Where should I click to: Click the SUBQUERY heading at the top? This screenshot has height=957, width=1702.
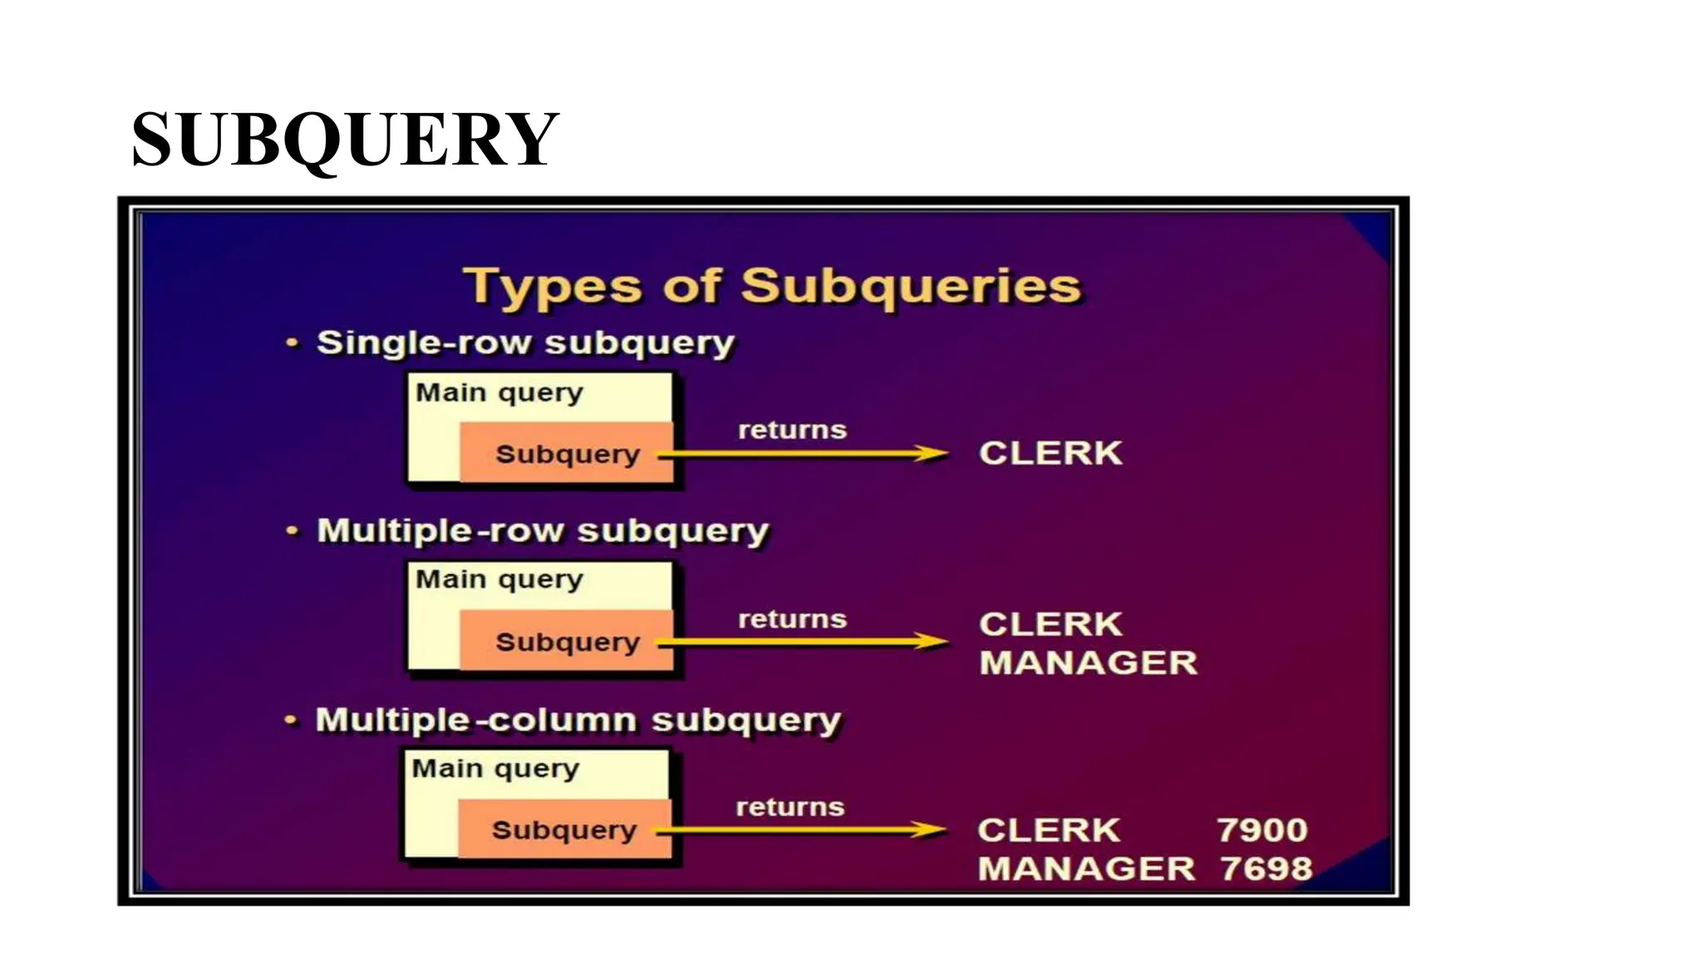click(x=345, y=140)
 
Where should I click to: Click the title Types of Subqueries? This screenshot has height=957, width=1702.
click(x=772, y=286)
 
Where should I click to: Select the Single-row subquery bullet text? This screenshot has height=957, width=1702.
click(x=525, y=343)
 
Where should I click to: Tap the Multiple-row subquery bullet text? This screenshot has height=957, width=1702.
click(x=543, y=531)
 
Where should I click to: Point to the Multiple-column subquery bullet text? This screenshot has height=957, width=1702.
click(x=578, y=720)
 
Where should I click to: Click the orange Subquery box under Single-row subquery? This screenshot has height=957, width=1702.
click(x=567, y=454)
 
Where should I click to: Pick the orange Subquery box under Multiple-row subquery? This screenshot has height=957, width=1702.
click(x=567, y=641)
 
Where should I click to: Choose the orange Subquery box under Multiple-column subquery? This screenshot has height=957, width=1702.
click(x=563, y=829)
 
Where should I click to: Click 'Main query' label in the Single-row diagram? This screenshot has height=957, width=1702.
click(x=499, y=392)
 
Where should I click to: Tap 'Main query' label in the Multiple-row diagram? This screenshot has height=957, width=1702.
click(x=499, y=579)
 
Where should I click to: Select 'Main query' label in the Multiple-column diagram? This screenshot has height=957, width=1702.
click(x=495, y=768)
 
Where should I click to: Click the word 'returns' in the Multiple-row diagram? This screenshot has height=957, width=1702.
click(x=792, y=619)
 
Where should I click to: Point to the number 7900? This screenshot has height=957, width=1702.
click(x=1262, y=830)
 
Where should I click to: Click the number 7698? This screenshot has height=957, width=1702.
click(x=1266, y=869)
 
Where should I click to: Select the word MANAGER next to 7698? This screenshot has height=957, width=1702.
click(x=1086, y=869)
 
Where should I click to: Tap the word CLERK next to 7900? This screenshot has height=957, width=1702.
click(x=1049, y=830)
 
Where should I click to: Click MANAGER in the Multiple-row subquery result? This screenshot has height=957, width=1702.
click(x=1088, y=663)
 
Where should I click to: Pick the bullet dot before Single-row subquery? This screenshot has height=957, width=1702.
click(x=292, y=342)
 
